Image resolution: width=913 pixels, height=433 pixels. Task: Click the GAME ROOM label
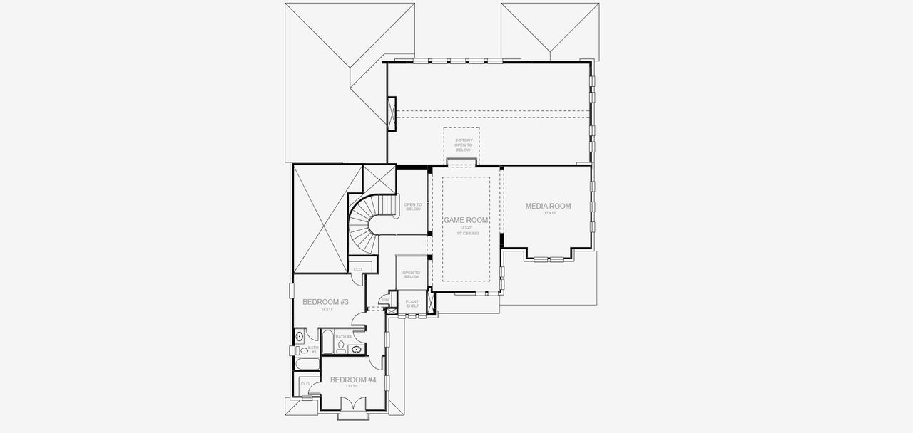tap(466, 221)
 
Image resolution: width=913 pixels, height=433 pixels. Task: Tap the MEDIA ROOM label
tap(548, 206)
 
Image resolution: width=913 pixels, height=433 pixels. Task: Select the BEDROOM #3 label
tap(325, 302)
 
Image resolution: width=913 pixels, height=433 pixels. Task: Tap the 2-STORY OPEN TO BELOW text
tap(463, 145)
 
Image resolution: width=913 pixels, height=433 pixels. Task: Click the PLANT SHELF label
tap(412, 303)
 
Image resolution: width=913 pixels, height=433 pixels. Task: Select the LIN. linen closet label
tap(385, 301)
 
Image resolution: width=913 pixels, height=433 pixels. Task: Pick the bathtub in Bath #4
tap(327, 343)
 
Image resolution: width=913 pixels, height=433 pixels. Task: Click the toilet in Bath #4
tap(341, 347)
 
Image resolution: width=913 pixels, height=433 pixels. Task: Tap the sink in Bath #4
tap(357, 349)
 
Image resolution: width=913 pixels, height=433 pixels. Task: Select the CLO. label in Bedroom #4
tap(305, 383)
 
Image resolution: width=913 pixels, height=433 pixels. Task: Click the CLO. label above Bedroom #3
tap(357, 269)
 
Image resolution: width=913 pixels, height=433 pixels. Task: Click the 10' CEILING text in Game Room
tap(469, 233)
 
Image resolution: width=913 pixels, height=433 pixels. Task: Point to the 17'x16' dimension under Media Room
tap(549, 213)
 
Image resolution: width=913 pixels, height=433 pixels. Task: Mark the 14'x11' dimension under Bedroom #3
tap(326, 309)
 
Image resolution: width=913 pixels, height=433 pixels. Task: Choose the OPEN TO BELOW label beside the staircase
tap(413, 207)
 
